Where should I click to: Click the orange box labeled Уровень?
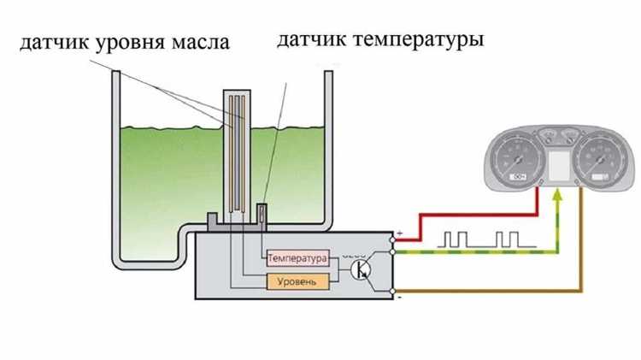point(297,281)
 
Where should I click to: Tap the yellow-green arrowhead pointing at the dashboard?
point(558,197)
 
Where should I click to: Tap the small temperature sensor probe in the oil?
point(263,211)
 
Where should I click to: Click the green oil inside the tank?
point(162,188)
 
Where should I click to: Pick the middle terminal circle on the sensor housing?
point(392,252)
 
